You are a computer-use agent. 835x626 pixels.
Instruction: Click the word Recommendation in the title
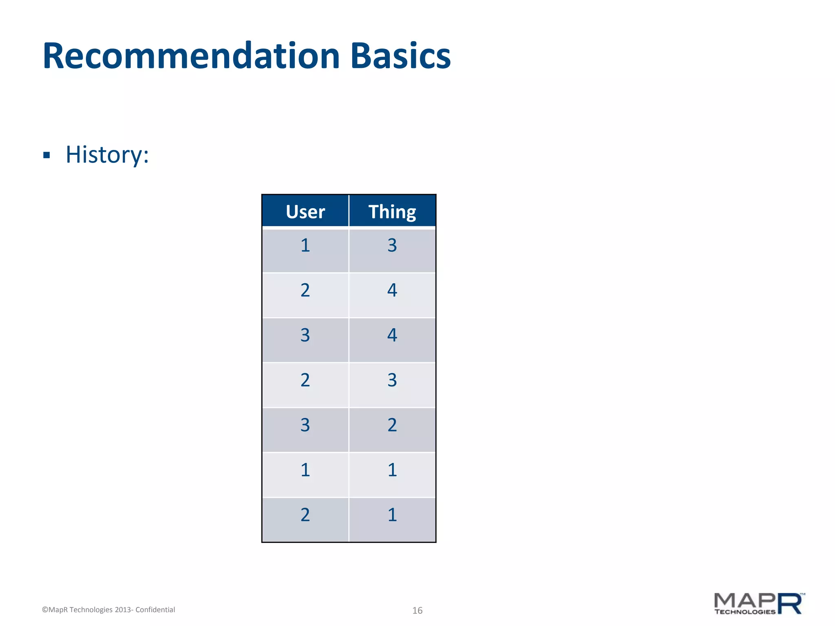click(191, 56)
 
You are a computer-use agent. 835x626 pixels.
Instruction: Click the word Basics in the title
click(400, 56)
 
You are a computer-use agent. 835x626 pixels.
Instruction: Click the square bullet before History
click(46, 155)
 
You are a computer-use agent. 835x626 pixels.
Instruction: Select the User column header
click(305, 212)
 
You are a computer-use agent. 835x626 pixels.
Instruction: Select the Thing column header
click(392, 212)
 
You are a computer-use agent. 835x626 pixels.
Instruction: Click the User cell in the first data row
click(305, 246)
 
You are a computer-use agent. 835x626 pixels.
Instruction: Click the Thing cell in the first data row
click(392, 246)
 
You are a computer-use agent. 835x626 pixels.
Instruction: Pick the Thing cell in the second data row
click(392, 291)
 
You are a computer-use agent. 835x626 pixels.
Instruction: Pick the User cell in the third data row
click(305, 335)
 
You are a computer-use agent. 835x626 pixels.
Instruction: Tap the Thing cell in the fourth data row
click(392, 380)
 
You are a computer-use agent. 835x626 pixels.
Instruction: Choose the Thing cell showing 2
click(392, 425)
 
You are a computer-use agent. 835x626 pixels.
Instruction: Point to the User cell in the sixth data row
click(305, 470)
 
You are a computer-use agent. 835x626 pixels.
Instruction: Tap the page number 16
click(417, 610)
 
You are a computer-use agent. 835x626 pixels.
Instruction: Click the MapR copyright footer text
click(108, 610)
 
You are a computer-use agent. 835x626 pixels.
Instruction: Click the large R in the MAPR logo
click(790, 604)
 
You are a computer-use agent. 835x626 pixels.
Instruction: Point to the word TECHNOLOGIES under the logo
click(744, 612)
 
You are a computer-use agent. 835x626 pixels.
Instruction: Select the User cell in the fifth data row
click(305, 425)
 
